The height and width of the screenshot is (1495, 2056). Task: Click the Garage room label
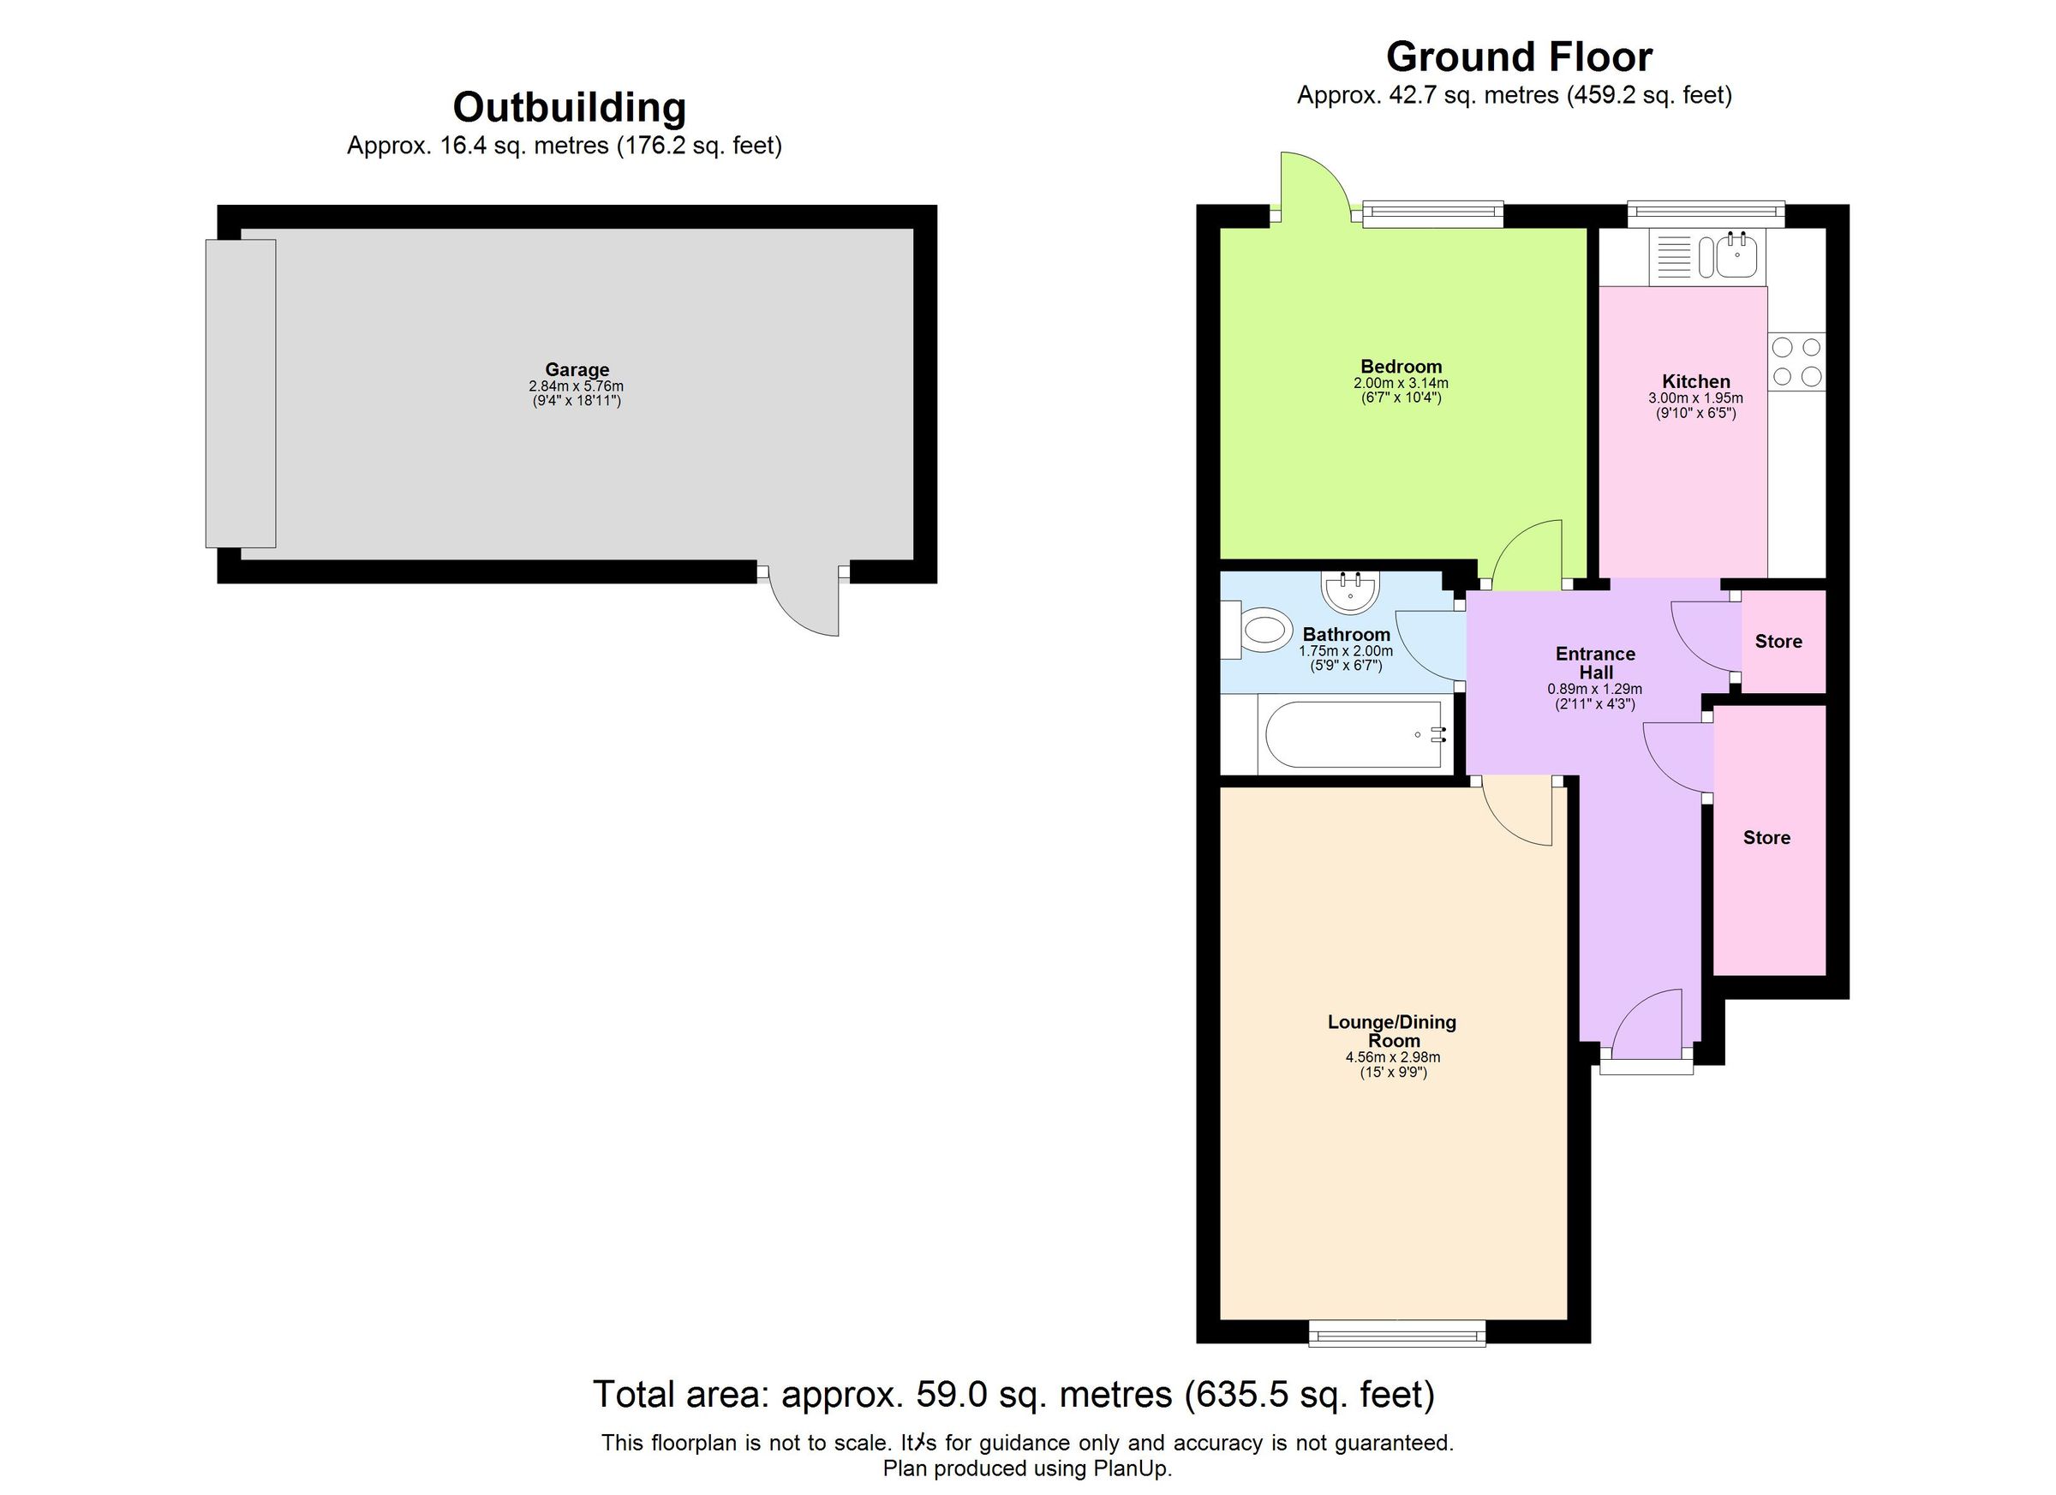coord(577,369)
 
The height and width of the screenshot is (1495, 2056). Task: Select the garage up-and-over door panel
coord(240,393)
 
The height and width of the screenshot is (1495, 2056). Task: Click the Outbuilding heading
coord(570,107)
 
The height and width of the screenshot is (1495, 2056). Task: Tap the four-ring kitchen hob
coord(1796,362)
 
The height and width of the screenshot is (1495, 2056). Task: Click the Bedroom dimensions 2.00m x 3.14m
coord(1401,384)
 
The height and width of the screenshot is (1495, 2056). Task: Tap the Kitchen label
coord(1696,382)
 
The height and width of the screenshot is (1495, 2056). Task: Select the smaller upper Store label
coord(1778,642)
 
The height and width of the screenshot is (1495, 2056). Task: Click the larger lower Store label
coord(1766,838)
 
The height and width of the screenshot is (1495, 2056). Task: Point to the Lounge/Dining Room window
coord(1397,1333)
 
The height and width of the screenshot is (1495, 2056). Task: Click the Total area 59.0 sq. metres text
coord(1013,1395)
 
